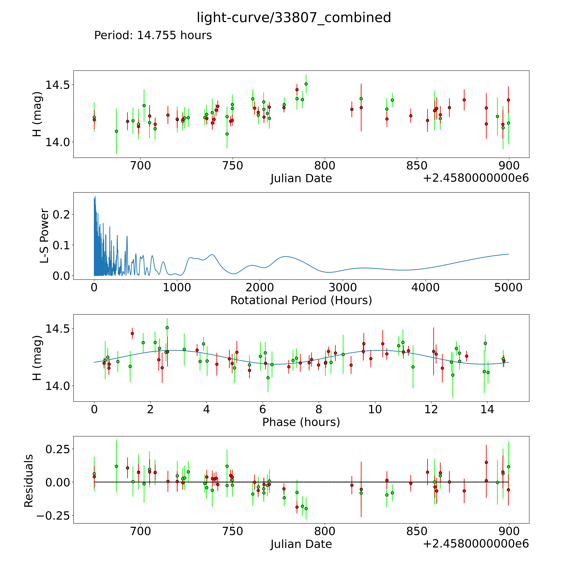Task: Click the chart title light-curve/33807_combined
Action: (x=294, y=18)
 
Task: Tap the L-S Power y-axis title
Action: (x=44, y=236)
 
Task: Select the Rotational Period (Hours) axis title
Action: (x=301, y=300)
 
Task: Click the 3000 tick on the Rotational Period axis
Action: (x=343, y=288)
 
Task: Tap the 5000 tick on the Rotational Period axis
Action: (x=508, y=288)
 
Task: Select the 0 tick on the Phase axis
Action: (x=94, y=409)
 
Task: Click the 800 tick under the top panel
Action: (x=325, y=166)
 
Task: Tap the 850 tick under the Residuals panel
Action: (x=417, y=531)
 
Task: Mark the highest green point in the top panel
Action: (x=306, y=84)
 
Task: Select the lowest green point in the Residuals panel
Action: (x=306, y=509)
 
